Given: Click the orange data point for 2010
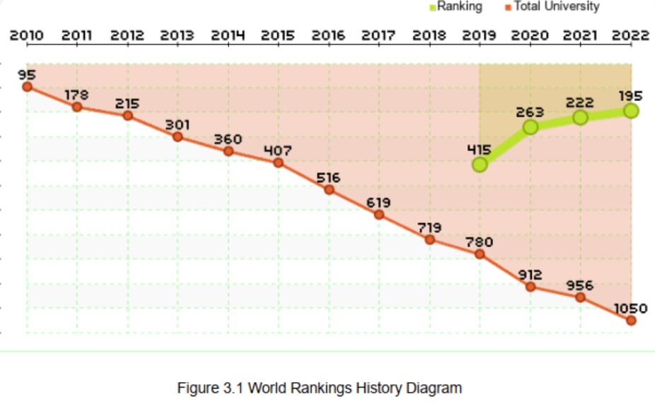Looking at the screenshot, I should coord(27,87).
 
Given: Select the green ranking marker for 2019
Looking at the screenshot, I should coord(480,165).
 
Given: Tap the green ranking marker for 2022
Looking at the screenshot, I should coord(631,111).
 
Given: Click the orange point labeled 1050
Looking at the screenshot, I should coord(631,321).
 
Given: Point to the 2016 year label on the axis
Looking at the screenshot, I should coord(328,35).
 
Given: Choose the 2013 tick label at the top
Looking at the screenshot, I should coord(178,35).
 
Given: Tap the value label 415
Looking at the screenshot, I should coord(479,150).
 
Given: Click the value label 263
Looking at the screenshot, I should coord(530,112).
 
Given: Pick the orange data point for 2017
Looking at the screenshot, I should coord(379,214).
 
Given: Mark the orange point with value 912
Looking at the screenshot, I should coord(530,287).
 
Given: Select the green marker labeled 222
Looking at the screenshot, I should coord(580,117).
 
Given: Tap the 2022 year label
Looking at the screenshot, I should coord(631,35).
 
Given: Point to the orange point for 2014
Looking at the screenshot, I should coord(228,151).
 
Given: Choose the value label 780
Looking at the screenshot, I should coord(479,242).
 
